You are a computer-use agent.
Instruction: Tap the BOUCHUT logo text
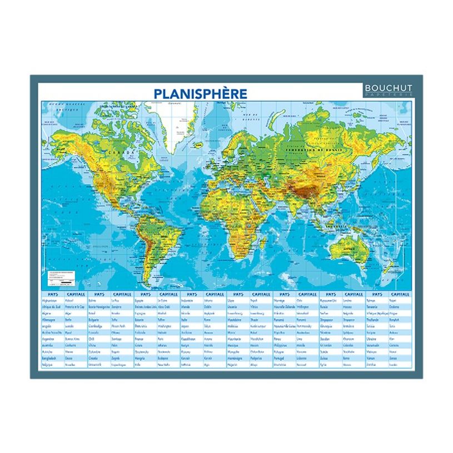(387, 88)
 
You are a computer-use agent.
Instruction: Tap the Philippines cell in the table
(286, 345)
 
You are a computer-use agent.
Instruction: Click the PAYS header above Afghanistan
(53, 293)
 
